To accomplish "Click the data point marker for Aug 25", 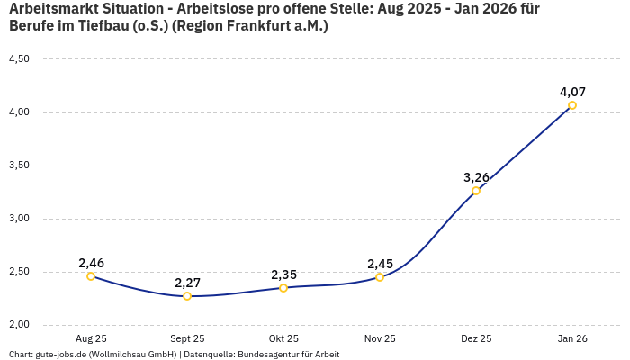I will tap(91, 276).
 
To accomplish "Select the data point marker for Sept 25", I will tap(187, 296).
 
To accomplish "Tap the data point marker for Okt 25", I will tap(283, 288).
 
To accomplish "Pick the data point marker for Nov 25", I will tap(380, 277).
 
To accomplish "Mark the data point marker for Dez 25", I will tap(476, 191).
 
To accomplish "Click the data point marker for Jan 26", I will tap(572, 105).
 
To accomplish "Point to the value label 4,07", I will tap(572, 92).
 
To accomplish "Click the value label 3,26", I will tap(476, 177).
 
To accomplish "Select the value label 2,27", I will tap(187, 283).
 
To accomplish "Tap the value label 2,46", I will tap(91, 263).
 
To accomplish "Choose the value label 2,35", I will tap(283, 274).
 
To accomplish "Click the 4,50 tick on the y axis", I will tap(19, 59).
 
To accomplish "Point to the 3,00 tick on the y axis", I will tap(19, 219).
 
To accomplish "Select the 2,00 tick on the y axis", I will tap(19, 325).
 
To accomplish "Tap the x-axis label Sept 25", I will tap(187, 339).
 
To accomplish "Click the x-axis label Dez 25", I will tap(476, 339).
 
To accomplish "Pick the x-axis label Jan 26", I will tap(572, 339).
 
